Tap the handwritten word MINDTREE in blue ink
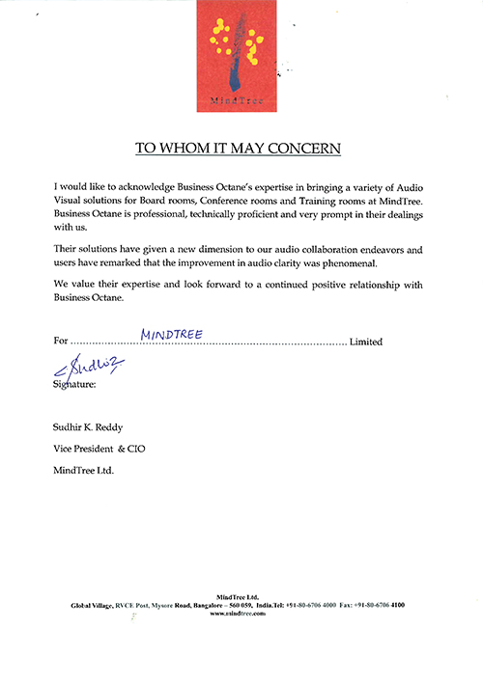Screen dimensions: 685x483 pos(170,333)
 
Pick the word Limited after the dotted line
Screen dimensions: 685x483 pos(366,342)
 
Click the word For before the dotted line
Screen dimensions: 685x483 pos(61,342)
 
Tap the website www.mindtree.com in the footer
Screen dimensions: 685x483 pos(238,613)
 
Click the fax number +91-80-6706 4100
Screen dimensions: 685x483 pos(380,604)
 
